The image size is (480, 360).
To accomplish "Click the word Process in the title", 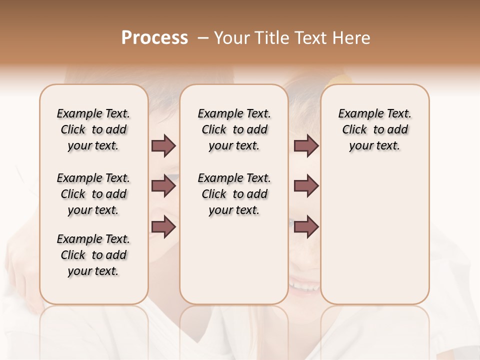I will point(154,38).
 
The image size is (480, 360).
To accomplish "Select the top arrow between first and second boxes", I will point(163,145).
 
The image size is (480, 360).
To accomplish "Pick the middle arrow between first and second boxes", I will point(163,186).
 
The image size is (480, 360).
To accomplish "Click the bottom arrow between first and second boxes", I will point(163,227).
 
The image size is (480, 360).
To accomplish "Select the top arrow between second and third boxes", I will point(306,145).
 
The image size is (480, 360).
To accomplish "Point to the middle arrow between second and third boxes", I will point(306,186).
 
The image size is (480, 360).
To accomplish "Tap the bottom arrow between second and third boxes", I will point(306,227).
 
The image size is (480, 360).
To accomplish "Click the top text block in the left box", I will point(93,129).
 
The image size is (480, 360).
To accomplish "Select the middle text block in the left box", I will point(93,194).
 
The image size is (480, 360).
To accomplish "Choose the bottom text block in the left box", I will point(93,255).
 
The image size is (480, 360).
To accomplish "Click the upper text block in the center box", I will point(234,129).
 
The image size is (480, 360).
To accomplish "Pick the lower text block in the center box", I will point(234,194).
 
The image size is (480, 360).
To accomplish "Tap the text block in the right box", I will point(374,129).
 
